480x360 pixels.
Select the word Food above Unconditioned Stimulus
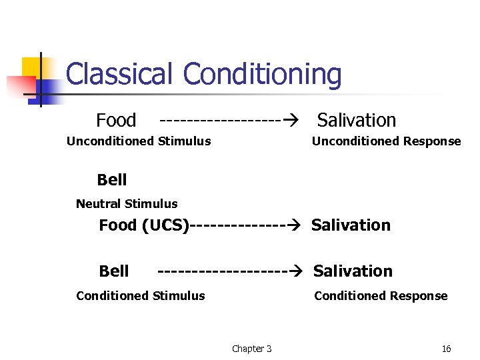116,121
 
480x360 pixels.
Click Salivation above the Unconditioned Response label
356,121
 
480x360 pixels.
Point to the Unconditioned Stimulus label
139,141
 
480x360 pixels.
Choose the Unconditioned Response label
386,141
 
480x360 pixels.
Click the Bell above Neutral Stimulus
111,180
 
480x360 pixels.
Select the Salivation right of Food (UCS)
351,225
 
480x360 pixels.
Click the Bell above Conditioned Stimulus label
114,271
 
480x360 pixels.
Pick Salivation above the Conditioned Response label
353,271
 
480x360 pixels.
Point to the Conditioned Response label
381,296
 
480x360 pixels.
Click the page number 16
446,349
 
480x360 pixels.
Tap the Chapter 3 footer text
251,349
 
